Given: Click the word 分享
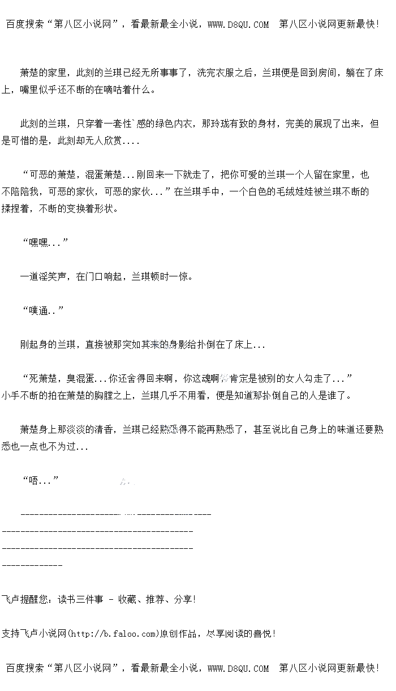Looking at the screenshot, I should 183,599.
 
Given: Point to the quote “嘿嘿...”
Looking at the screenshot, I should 45,243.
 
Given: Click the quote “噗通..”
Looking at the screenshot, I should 43,310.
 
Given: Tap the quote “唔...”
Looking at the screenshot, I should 41,481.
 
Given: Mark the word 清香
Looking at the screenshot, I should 104,430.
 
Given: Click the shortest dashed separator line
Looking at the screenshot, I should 32,565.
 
